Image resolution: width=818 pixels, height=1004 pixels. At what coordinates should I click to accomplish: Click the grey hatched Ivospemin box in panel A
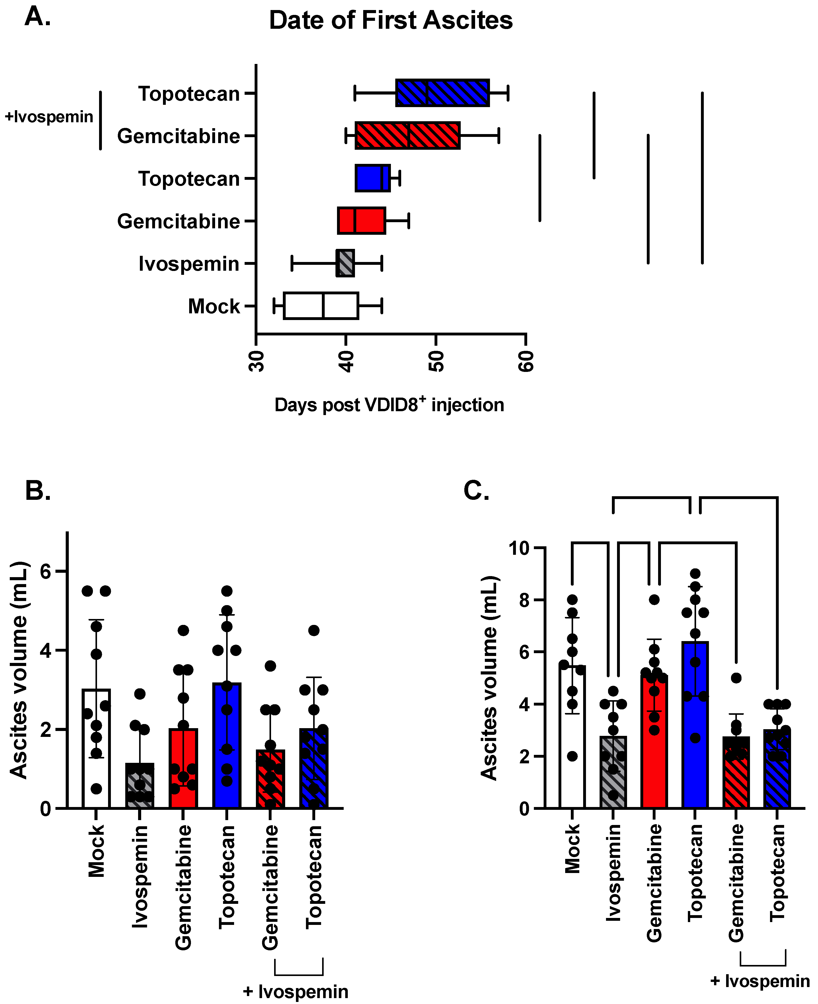[x=345, y=263]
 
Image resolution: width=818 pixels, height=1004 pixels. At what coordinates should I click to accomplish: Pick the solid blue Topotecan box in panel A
[x=372, y=178]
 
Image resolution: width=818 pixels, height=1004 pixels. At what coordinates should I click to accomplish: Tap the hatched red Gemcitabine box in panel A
[x=407, y=136]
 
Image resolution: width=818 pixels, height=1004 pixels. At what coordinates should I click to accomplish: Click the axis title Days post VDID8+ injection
[x=389, y=405]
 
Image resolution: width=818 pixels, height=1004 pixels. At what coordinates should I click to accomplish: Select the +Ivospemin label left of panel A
[x=49, y=117]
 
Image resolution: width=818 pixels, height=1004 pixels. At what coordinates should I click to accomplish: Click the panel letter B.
[x=38, y=491]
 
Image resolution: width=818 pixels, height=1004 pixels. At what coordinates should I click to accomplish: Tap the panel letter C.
[x=476, y=491]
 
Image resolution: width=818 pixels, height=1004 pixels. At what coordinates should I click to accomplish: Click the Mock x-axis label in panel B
[x=97, y=850]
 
